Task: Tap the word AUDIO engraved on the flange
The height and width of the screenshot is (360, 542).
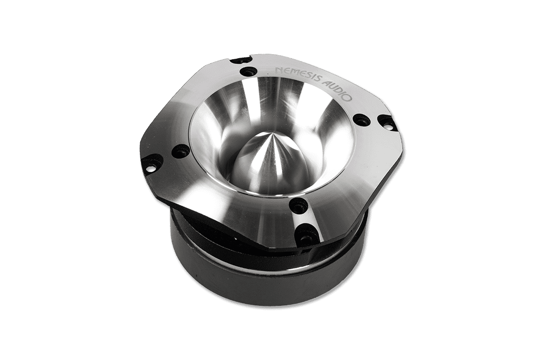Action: pos(337,89)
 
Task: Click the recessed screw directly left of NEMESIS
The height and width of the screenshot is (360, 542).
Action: pos(247,72)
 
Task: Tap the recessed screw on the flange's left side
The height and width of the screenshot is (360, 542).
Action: pos(180,151)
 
